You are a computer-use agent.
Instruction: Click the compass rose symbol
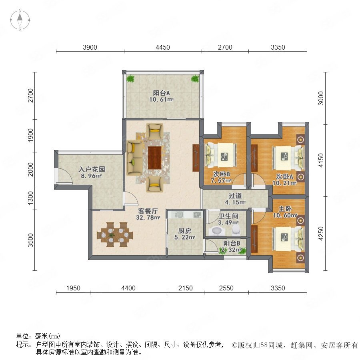(20, 20)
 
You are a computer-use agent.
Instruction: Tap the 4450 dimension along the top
(163, 47)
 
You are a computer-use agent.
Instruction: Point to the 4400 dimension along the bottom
(128, 288)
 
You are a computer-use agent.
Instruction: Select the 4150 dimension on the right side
(321, 160)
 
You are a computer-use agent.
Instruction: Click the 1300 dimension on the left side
(30, 198)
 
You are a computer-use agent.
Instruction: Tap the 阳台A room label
(162, 93)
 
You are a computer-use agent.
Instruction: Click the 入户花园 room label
(92, 170)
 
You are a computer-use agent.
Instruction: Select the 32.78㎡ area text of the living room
(148, 218)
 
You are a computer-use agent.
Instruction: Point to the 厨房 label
(184, 231)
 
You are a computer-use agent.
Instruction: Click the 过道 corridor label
(235, 196)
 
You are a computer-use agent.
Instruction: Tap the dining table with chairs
(115, 234)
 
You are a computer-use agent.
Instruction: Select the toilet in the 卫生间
(236, 230)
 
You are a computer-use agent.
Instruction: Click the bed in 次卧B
(221, 154)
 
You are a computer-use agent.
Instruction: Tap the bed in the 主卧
(288, 239)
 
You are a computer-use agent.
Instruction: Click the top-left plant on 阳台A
(131, 79)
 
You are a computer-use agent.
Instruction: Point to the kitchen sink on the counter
(180, 214)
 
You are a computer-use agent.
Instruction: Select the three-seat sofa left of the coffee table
(134, 158)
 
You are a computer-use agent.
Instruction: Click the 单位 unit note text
(38, 336)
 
